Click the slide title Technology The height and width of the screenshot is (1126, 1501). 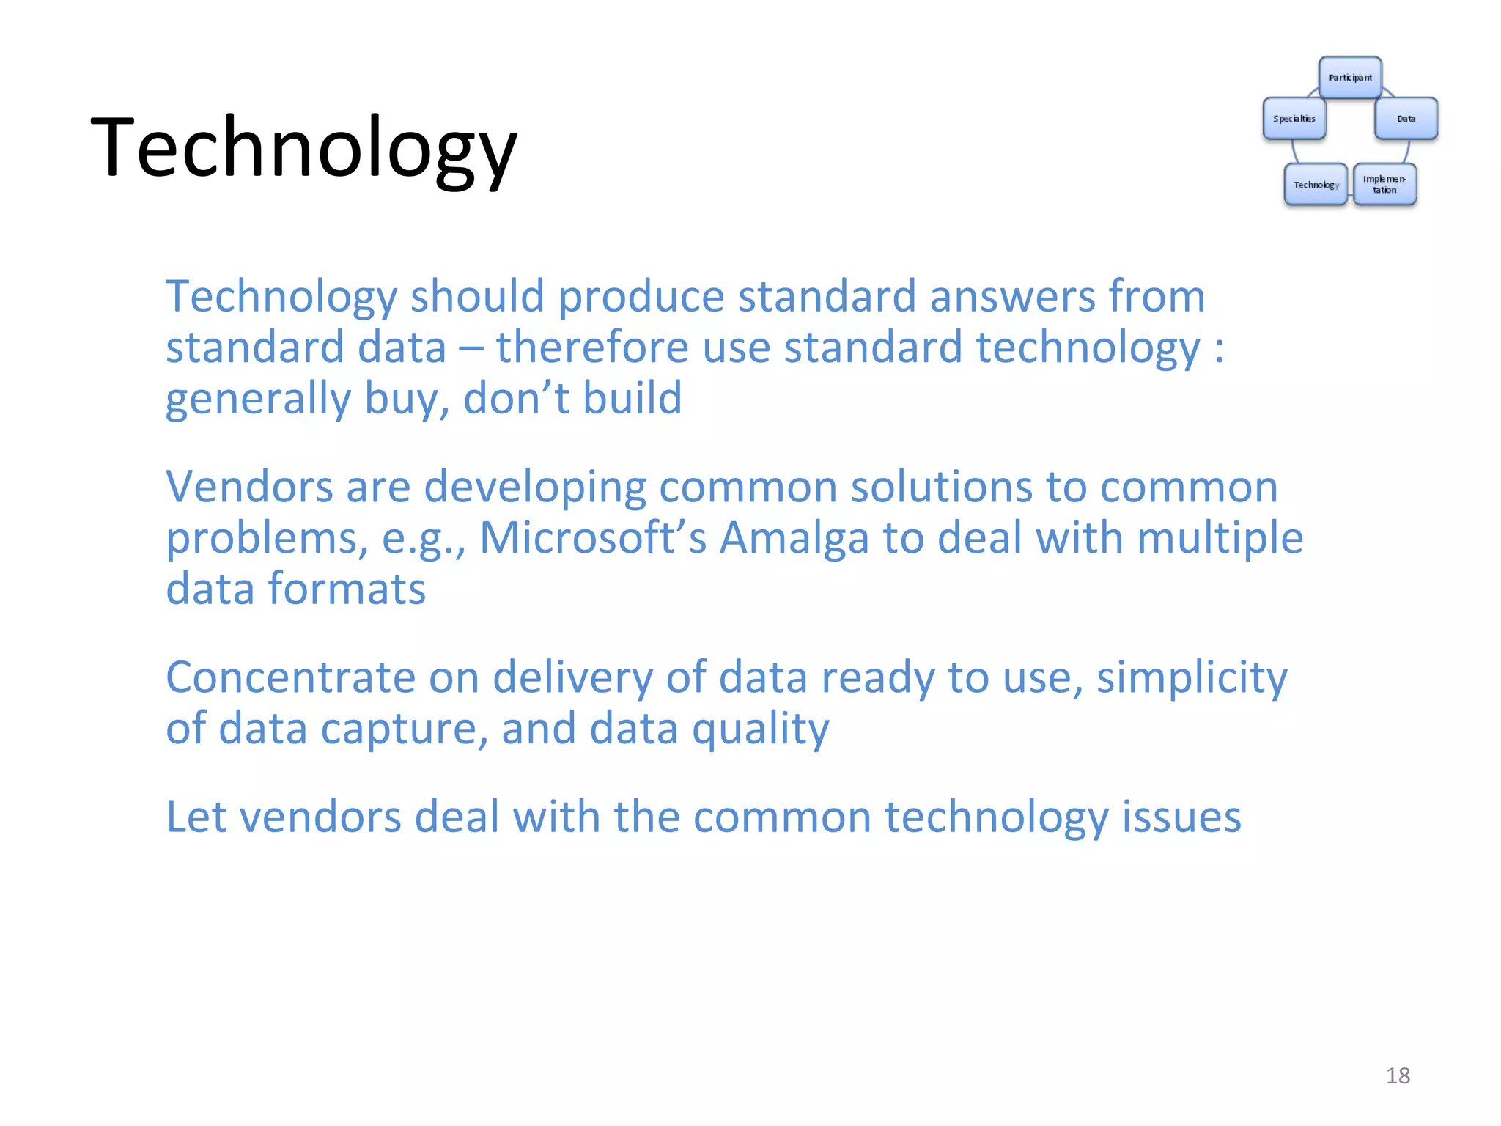(x=303, y=148)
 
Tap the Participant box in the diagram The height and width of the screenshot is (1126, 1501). (x=1350, y=78)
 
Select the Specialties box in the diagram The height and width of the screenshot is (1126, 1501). (x=1294, y=119)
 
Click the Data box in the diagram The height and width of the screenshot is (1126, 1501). (x=1406, y=119)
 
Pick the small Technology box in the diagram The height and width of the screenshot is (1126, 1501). (x=1316, y=185)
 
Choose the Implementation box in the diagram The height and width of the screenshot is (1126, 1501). (x=1384, y=185)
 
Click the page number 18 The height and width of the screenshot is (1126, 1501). (x=1398, y=1075)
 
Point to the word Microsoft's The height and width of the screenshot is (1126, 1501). (x=592, y=537)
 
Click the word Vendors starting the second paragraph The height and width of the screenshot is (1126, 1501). (x=249, y=487)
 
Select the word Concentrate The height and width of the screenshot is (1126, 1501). (x=290, y=677)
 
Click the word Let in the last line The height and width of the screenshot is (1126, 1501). (x=196, y=817)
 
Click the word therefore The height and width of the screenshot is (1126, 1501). (x=592, y=347)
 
